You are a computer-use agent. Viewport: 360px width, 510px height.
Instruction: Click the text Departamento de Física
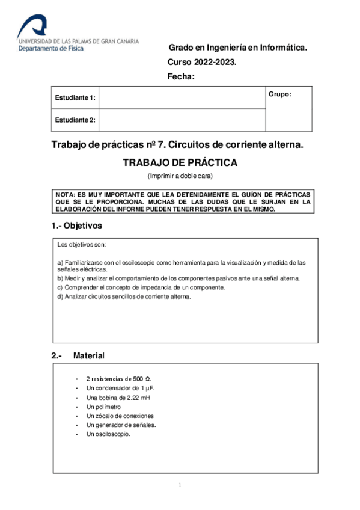point(51,49)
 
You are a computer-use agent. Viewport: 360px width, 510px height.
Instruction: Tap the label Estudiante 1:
point(75,97)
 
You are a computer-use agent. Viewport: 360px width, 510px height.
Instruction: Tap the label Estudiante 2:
point(75,120)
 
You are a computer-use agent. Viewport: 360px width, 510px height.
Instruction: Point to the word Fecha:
point(181,76)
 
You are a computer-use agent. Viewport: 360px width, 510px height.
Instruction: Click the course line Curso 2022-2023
point(201,62)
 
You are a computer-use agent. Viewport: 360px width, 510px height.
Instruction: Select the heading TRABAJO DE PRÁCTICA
point(180,162)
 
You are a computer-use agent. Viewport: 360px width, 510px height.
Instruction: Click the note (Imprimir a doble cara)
point(180,176)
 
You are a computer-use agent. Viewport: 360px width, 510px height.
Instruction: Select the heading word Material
point(89,356)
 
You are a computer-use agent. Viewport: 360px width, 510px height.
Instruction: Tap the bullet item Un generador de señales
point(121,425)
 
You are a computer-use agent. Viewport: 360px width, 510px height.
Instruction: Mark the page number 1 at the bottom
point(180,485)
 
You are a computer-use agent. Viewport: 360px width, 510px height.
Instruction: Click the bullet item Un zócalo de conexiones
point(120,416)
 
